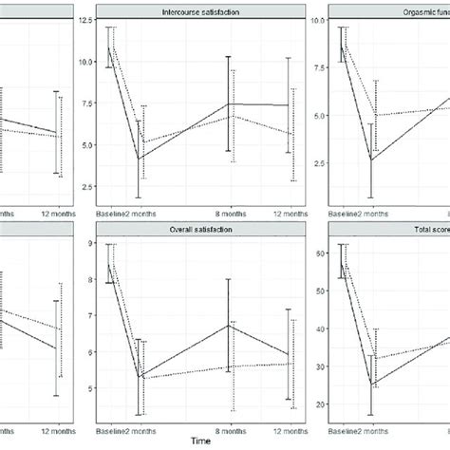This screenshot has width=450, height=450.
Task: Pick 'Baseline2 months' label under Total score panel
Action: click(x=359, y=429)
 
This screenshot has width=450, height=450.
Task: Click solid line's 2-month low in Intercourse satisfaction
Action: click(x=140, y=159)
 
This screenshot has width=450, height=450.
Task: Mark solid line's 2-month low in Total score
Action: click(x=375, y=384)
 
